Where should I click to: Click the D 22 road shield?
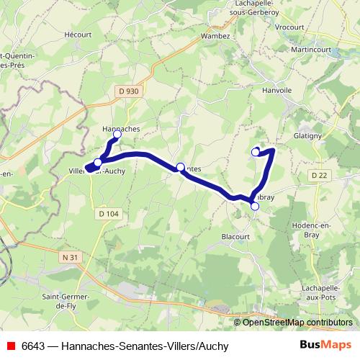point(320,176)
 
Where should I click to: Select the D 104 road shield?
point(108,214)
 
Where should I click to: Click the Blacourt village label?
point(235,236)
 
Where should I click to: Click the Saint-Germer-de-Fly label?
point(65,300)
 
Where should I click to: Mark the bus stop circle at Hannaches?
point(117,134)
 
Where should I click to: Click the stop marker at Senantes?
point(180,167)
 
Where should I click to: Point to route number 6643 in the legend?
point(34,346)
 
